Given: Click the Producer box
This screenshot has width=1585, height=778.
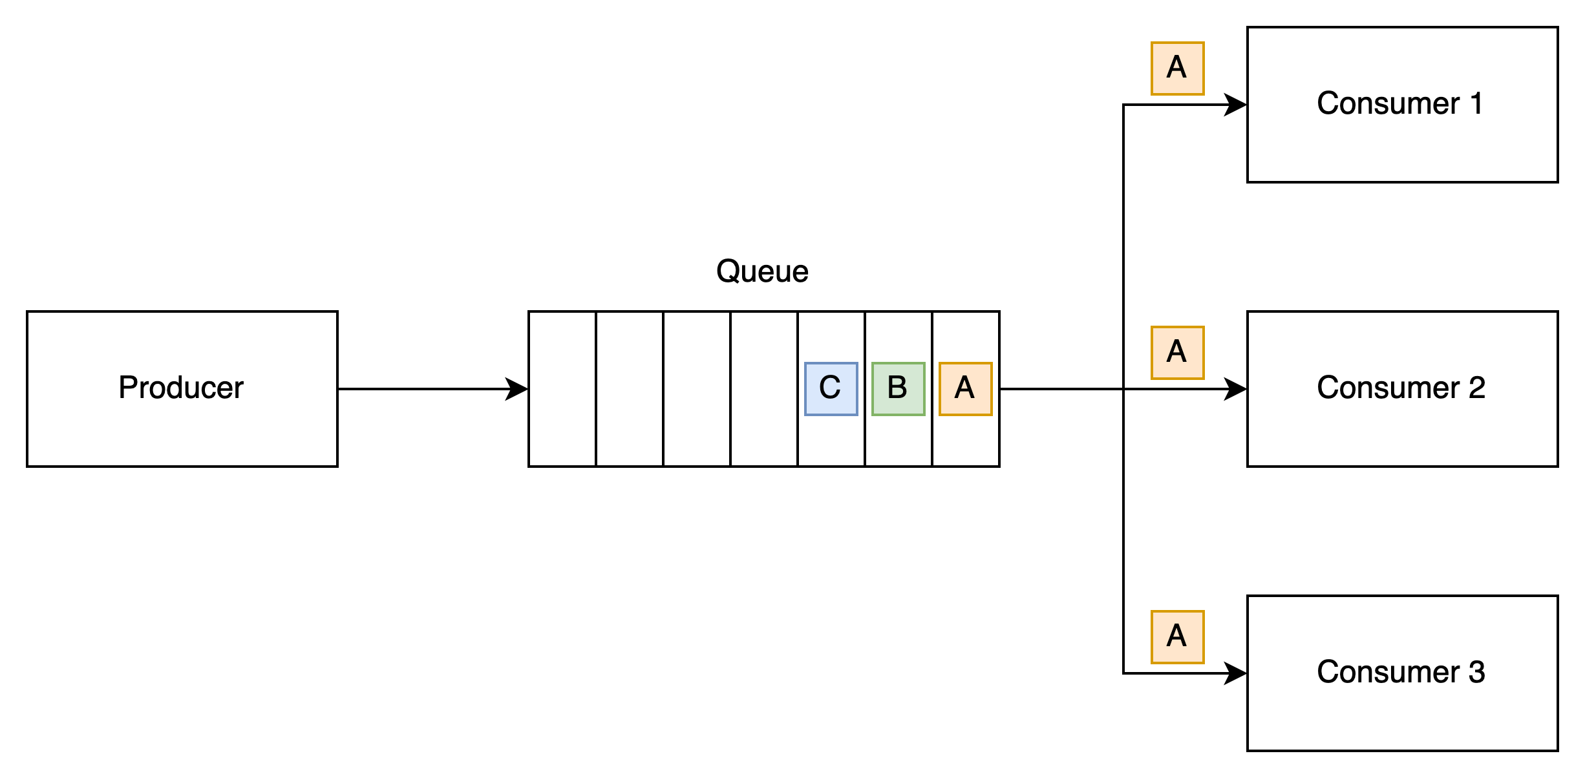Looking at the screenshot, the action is coord(182,388).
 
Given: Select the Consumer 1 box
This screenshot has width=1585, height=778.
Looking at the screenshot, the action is coord(1401,104).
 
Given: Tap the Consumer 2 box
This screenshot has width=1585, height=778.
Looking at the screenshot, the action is coord(1401,388).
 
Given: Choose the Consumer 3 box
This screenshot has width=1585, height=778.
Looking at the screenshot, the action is coord(1401,673).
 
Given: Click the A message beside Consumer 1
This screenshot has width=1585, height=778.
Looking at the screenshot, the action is coord(1177,68).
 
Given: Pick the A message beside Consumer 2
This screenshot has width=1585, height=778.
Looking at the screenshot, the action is coord(1177,353).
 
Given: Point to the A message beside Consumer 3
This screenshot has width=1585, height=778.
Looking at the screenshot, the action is coord(1177,637).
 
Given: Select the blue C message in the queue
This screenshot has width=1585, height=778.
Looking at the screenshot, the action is coord(831,388).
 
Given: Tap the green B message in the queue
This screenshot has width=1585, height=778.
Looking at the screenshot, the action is coord(898,388).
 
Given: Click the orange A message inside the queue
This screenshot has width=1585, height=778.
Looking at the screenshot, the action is coord(965,388).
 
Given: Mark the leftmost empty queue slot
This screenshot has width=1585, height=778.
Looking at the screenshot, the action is coord(562,388).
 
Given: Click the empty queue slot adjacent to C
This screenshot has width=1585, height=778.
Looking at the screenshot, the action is coord(763,388).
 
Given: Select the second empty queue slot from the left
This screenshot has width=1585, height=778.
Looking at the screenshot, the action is coord(630,388).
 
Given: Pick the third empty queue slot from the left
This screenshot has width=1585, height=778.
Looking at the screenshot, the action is coord(696,388).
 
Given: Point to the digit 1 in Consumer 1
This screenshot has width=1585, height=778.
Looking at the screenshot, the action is coord(1475,104).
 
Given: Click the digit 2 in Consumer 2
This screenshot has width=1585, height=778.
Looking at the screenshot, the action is coord(1476,388).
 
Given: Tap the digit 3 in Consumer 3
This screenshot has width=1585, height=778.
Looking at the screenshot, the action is coord(1476,673).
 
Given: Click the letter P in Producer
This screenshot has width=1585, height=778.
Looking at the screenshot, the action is coord(127,388).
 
